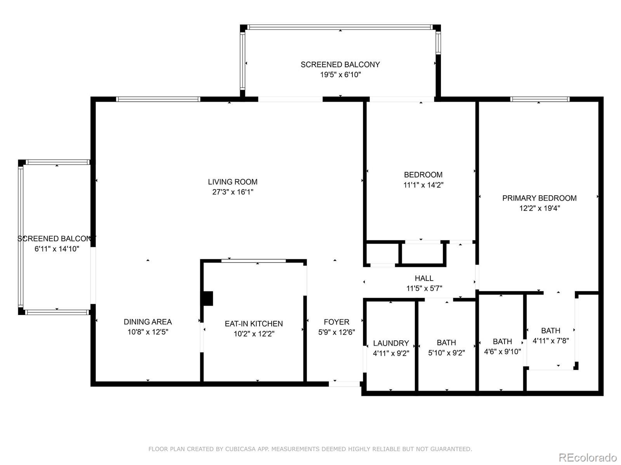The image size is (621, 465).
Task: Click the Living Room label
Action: tap(232, 182)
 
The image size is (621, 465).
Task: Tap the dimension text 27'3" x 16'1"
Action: tap(232, 192)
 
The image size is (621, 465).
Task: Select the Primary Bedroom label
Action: tap(539, 198)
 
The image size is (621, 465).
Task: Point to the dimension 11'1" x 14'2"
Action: tap(423, 185)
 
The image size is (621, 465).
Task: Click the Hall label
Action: tap(424, 278)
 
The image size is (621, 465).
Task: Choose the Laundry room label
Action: tap(391, 343)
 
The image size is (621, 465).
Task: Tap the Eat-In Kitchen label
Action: tap(254, 324)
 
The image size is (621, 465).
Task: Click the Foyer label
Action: tap(337, 322)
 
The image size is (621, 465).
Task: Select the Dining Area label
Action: tap(148, 322)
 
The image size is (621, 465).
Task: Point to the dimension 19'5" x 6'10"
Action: tap(340, 74)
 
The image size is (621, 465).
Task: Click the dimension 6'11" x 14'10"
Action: tap(57, 249)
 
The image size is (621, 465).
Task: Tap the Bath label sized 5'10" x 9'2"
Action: tap(446, 343)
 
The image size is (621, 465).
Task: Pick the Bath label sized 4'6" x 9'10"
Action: tap(502, 341)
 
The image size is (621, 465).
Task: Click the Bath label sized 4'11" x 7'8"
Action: tap(550, 330)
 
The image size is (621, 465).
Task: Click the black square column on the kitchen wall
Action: tap(207, 298)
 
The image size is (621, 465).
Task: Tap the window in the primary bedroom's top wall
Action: tap(540, 99)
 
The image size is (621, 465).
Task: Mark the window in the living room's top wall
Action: tap(158, 99)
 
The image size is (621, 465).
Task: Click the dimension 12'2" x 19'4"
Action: tap(539, 208)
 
